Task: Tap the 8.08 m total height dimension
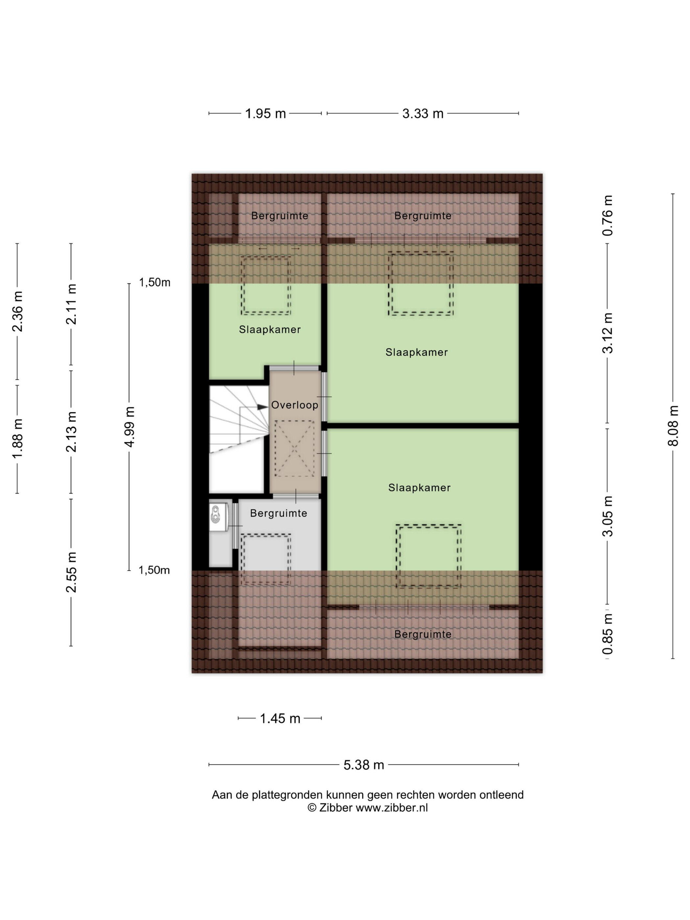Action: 673,426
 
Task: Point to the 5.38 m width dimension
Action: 363,765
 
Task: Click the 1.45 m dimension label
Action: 280,718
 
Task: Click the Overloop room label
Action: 294,405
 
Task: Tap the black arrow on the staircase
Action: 262,407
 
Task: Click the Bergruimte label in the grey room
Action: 278,513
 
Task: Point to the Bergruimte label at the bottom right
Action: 423,634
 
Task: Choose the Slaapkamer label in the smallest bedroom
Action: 269,330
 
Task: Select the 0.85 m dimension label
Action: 608,634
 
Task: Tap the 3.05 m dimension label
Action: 608,516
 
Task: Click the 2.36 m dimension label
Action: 17,311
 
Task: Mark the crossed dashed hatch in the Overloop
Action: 294,448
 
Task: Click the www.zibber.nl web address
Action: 391,808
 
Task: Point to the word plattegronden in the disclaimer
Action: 287,795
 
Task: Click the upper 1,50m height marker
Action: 154,282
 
